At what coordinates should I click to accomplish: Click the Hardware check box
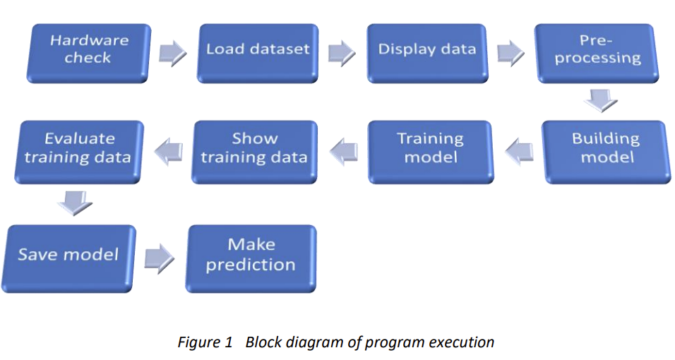coord(89,51)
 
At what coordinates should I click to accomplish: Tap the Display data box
coord(426,51)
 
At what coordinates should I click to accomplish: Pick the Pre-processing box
coord(597,51)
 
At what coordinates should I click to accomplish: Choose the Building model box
coord(605,150)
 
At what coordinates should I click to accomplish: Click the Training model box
coord(430,150)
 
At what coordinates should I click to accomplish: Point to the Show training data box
coord(254,150)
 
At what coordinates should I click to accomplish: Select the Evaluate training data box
coord(78,150)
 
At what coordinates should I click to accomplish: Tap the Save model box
coord(69,256)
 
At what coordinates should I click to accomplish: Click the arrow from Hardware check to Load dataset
coord(172,53)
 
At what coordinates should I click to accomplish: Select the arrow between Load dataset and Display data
coord(342,53)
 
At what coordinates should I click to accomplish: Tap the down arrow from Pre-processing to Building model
coord(601,102)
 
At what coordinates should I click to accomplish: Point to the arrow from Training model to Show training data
coord(344,150)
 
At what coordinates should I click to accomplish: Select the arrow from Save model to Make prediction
coord(160,257)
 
